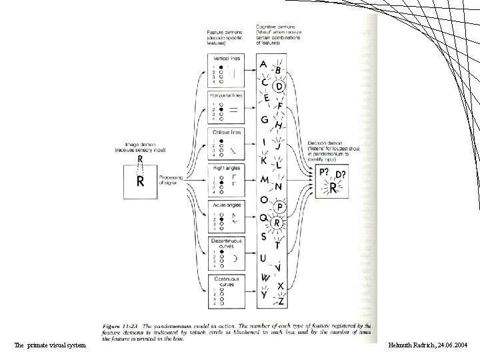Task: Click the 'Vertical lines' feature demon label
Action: (224, 59)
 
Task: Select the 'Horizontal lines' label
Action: (224, 95)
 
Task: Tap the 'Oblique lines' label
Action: (224, 131)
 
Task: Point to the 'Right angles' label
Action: (224, 168)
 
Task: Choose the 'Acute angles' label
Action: (224, 204)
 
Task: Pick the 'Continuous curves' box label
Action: (224, 280)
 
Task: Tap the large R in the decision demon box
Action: (333, 189)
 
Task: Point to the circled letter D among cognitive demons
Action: (280, 86)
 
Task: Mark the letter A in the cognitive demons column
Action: (264, 65)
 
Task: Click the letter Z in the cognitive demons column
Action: (281, 301)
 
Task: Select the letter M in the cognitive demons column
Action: (264, 180)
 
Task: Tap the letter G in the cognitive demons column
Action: (265, 120)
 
